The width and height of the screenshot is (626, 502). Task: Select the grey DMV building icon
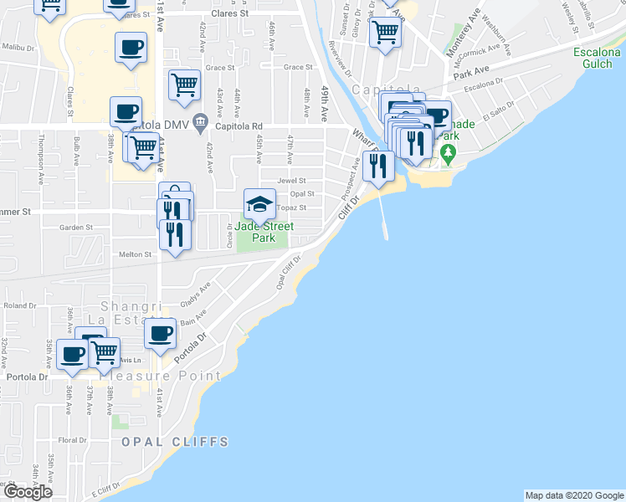coord(200,125)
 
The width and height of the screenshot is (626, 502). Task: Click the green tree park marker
coord(448,152)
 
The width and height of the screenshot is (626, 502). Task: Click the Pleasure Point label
coord(161,376)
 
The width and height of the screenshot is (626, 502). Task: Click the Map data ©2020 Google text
coord(573,495)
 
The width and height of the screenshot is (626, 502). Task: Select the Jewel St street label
coord(292,180)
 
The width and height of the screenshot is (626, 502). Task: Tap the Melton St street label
coord(136,254)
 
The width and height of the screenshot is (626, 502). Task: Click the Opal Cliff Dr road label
coord(288,273)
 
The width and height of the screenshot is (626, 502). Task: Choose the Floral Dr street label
coord(72,439)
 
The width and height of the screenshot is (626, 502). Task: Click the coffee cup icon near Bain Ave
coord(159,333)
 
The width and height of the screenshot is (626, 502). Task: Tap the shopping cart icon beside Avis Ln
coord(104,352)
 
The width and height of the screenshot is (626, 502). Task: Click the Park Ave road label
coord(469,74)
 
